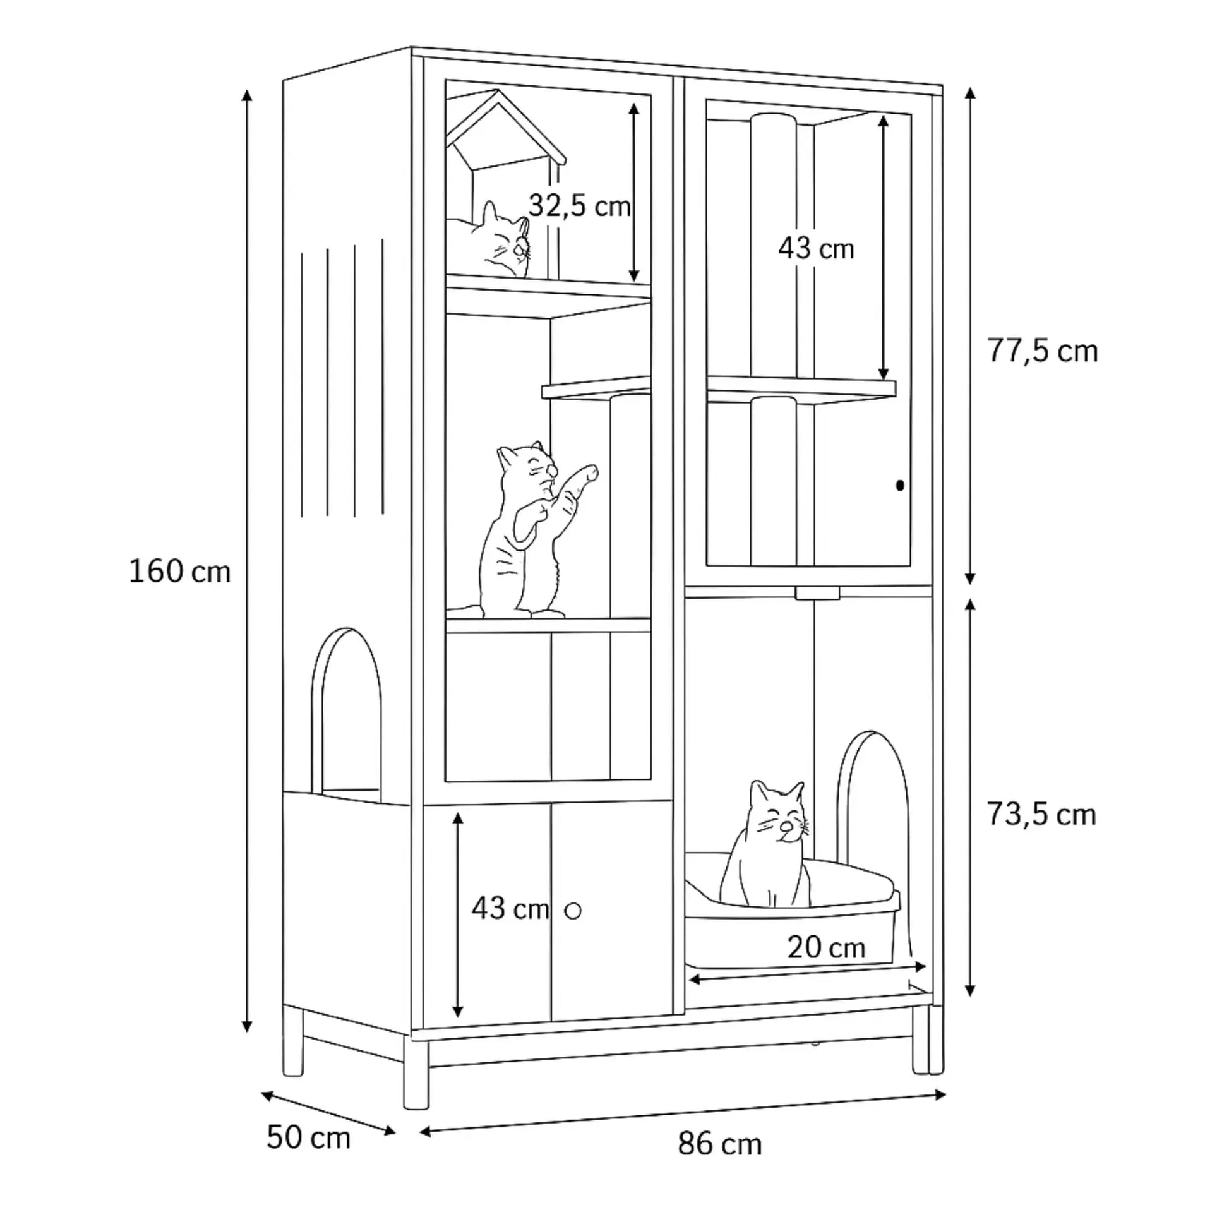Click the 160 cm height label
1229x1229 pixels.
pos(179,572)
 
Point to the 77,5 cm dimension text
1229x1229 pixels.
pos(1043,351)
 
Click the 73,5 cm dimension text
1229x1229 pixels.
pos(1041,815)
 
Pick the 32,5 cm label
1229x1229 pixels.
pos(580,206)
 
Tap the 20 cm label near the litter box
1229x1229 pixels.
pos(826,948)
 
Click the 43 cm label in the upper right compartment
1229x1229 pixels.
pos(816,248)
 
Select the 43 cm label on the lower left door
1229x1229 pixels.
pos(510,908)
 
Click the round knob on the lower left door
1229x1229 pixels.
pos(573,911)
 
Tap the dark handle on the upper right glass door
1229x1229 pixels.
pos(899,486)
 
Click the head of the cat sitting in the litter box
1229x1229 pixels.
pos(779,813)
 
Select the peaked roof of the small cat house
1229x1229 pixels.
pos(506,127)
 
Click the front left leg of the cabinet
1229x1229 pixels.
pos(416,1073)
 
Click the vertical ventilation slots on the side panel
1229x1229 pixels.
pos(342,378)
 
